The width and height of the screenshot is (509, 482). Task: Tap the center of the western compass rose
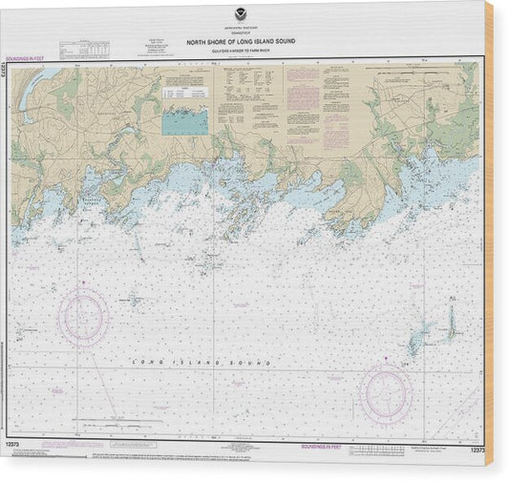pyautogui.click(x=83, y=318)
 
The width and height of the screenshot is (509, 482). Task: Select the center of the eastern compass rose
pyautogui.click(x=386, y=393)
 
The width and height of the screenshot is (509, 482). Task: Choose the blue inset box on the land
pyautogui.click(x=186, y=119)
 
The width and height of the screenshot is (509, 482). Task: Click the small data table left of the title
pyautogui.click(x=95, y=47)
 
